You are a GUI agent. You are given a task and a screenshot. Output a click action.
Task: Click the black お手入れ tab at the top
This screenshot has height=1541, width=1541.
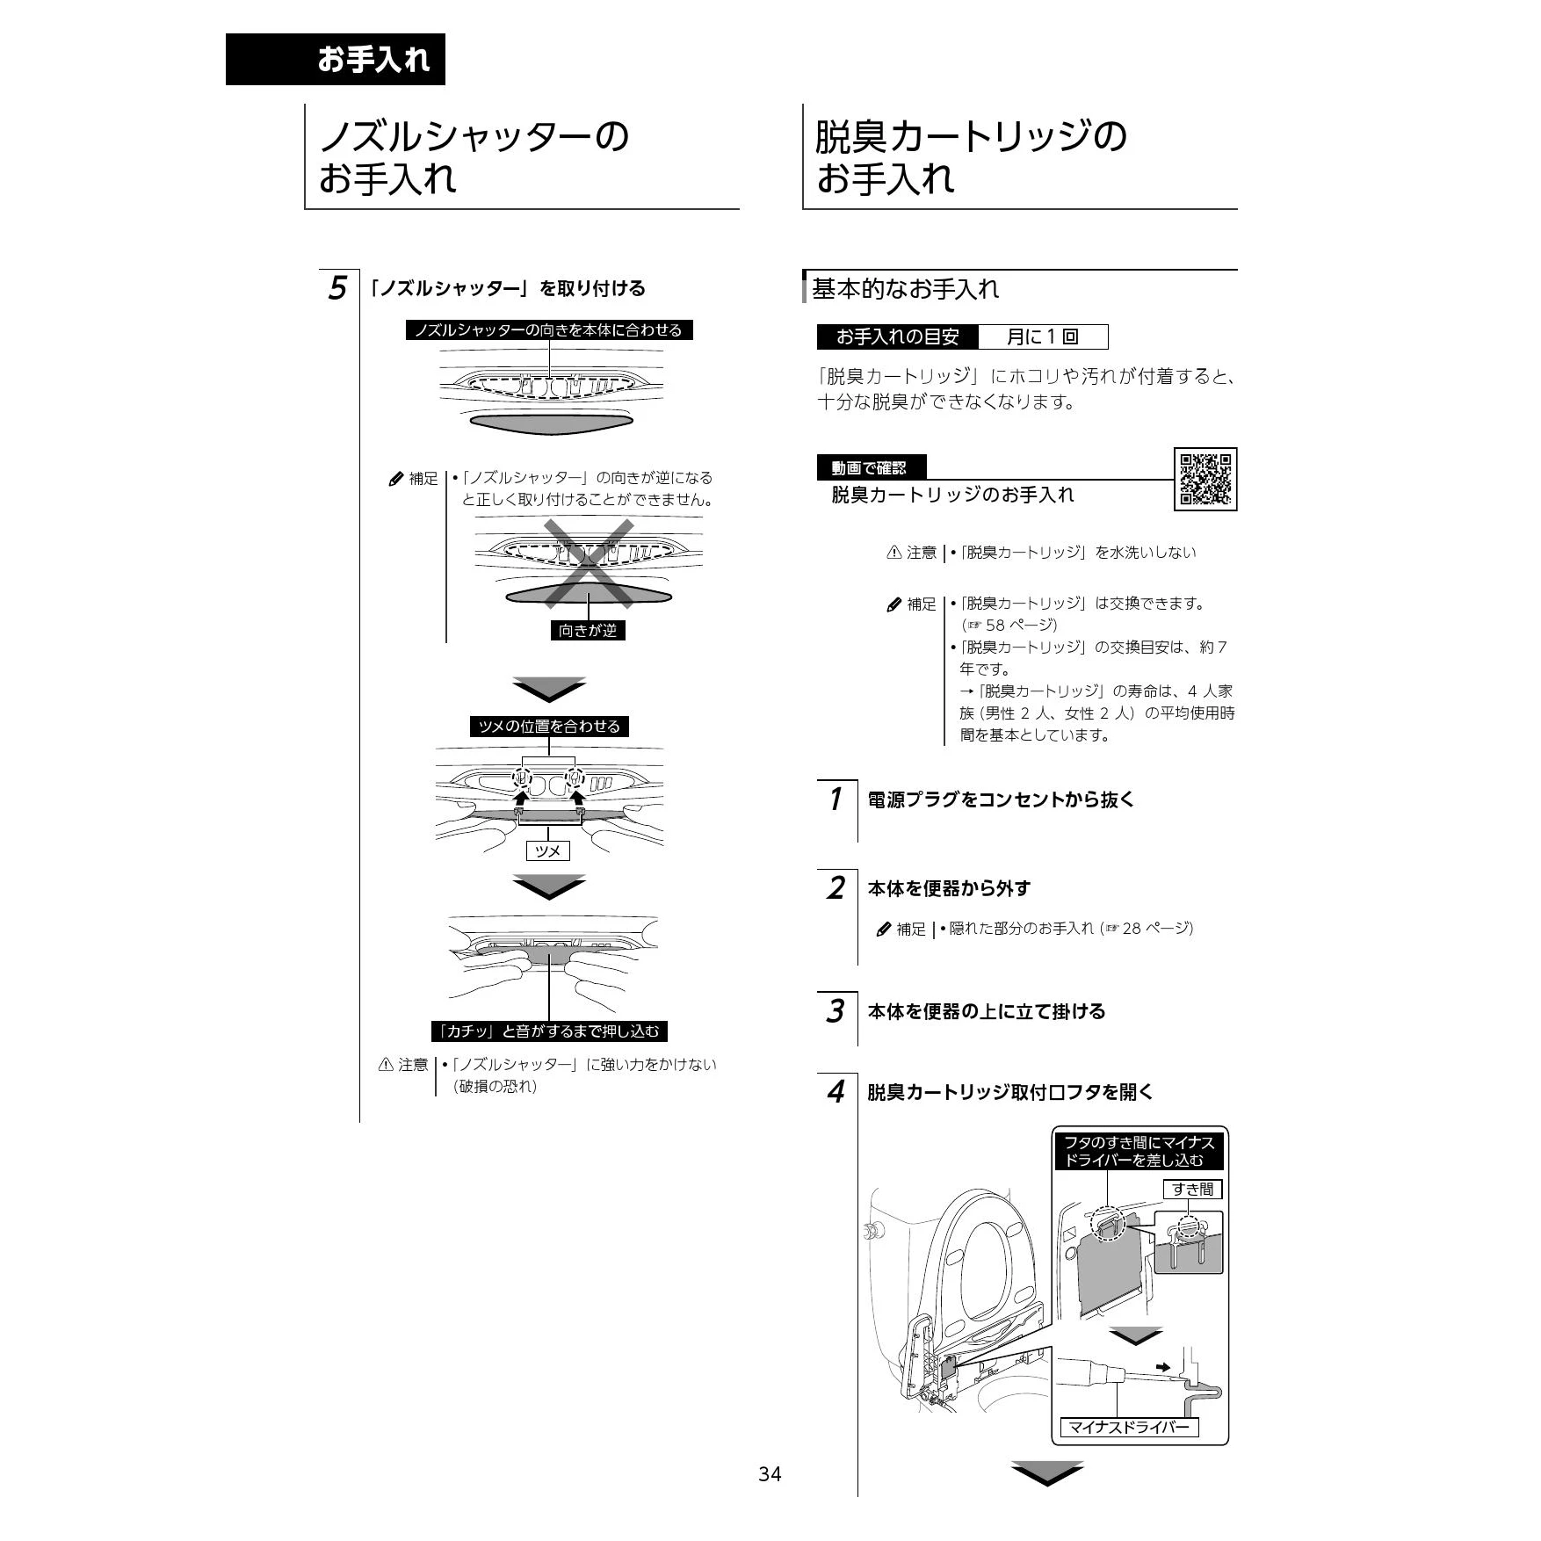336,60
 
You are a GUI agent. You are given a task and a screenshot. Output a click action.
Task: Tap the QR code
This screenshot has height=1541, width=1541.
1205,479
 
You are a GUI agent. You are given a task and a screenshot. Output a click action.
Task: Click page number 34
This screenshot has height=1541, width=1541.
770,1474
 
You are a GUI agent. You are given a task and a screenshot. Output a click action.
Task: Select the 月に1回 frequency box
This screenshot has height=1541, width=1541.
1043,336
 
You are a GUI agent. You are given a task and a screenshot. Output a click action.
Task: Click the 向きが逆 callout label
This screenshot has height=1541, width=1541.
588,630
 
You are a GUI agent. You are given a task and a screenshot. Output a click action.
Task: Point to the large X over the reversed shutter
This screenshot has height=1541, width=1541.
589,563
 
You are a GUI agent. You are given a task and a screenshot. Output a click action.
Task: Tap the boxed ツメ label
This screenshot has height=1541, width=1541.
547,850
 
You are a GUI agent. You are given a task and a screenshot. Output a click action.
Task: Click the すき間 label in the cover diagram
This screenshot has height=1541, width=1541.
1192,1189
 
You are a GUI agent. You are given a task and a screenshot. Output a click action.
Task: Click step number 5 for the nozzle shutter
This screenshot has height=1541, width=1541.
337,288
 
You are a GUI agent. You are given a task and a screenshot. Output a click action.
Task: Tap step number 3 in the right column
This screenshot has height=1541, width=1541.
835,1011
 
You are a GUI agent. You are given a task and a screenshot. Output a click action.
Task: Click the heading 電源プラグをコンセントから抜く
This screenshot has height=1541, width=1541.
1001,799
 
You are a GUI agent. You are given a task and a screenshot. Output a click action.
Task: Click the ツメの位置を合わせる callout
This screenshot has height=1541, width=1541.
549,727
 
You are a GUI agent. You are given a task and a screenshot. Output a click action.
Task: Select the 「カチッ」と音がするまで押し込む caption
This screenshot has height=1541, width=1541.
549,1031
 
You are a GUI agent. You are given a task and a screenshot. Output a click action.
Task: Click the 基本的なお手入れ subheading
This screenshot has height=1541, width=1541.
905,289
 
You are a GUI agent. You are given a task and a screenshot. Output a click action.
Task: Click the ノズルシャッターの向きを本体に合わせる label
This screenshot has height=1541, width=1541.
549,330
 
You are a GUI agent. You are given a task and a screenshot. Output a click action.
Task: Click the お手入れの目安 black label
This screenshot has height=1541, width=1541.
898,336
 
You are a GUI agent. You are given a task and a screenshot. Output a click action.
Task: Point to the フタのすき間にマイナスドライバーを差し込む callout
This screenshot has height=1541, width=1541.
1139,1151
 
